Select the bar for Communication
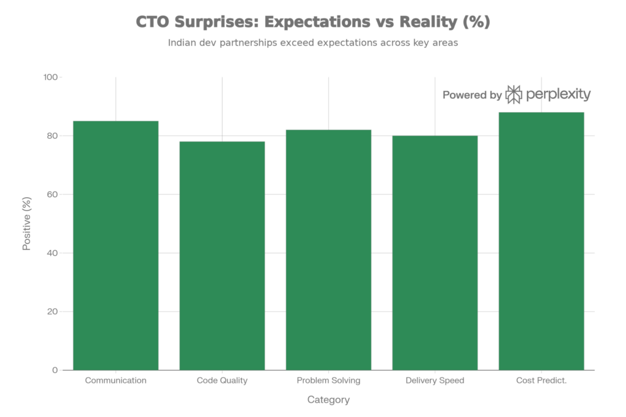116,245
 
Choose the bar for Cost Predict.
541,241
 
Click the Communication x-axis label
116,381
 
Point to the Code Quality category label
222,381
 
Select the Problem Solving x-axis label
328,381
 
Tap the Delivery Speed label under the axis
435,381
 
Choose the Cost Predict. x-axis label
541,381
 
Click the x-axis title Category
328,401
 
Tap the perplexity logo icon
514,95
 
